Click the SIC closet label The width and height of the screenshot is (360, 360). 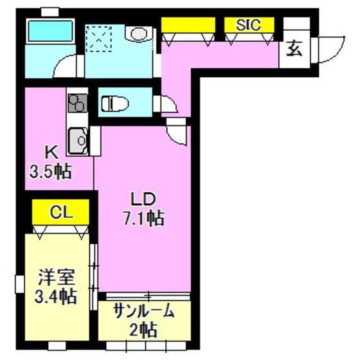tap(248, 24)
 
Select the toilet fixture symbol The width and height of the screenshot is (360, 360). tap(115, 104)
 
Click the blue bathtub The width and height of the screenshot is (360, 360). tap(50, 31)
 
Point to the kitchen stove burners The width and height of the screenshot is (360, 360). tap(78, 103)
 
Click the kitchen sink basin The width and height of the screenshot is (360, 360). tap(78, 141)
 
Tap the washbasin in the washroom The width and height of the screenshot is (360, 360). tap(139, 33)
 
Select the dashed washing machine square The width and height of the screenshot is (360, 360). tap(99, 39)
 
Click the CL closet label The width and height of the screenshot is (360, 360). tap(61, 212)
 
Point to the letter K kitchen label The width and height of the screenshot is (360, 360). tap(52, 152)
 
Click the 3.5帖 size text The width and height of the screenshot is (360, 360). tap(51, 172)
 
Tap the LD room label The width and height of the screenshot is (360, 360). tap(143, 199)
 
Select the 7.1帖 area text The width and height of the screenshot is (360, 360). tap(144, 218)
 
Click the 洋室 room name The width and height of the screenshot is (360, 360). tap(57, 277)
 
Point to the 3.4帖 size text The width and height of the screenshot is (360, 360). tap(56, 296)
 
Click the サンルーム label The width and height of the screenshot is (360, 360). tap(144, 311)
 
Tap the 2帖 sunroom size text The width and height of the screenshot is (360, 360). tap(143, 330)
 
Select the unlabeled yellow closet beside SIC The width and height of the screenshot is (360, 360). tap(188, 25)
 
